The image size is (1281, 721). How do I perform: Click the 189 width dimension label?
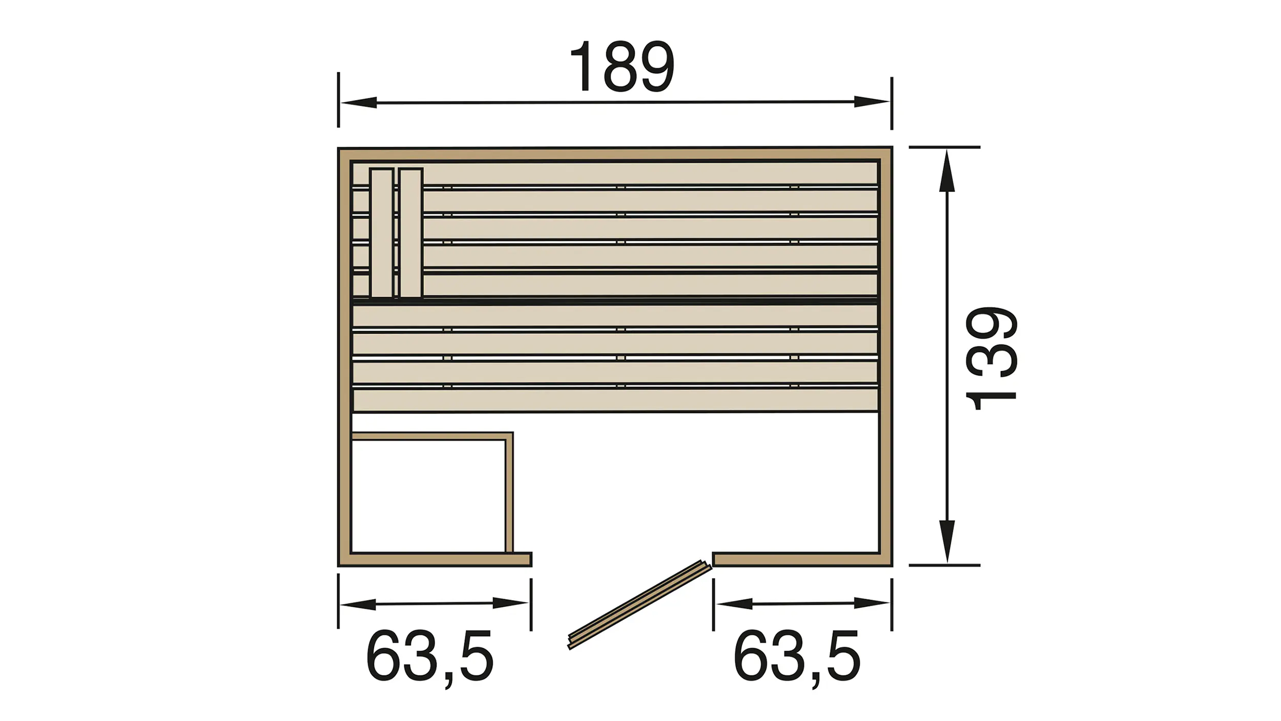pos(622,67)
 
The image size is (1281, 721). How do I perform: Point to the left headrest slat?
pos(382,233)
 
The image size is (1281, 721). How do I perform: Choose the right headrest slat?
pos(411,233)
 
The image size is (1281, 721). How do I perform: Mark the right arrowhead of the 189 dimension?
pos(872,101)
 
